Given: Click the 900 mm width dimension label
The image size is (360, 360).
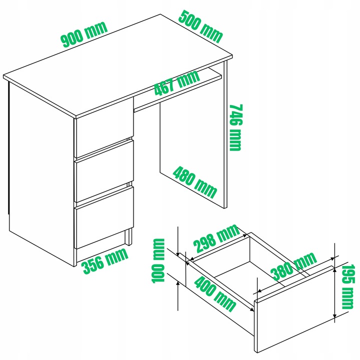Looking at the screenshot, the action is coord(84,34).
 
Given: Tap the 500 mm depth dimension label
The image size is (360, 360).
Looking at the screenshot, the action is coord(200,27).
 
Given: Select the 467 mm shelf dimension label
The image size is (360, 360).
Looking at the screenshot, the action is coord(177,82).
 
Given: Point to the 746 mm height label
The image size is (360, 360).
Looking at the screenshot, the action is coord(236,127).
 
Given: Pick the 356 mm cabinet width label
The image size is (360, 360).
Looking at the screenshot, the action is coord(105,261).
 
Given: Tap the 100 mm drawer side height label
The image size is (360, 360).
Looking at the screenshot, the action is coord(158,260).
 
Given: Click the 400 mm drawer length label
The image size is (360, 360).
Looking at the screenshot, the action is coord(215,294).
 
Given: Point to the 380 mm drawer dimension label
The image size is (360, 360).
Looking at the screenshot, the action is coord(294,266).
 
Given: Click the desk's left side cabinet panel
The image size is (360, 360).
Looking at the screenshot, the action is coord(41,174).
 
